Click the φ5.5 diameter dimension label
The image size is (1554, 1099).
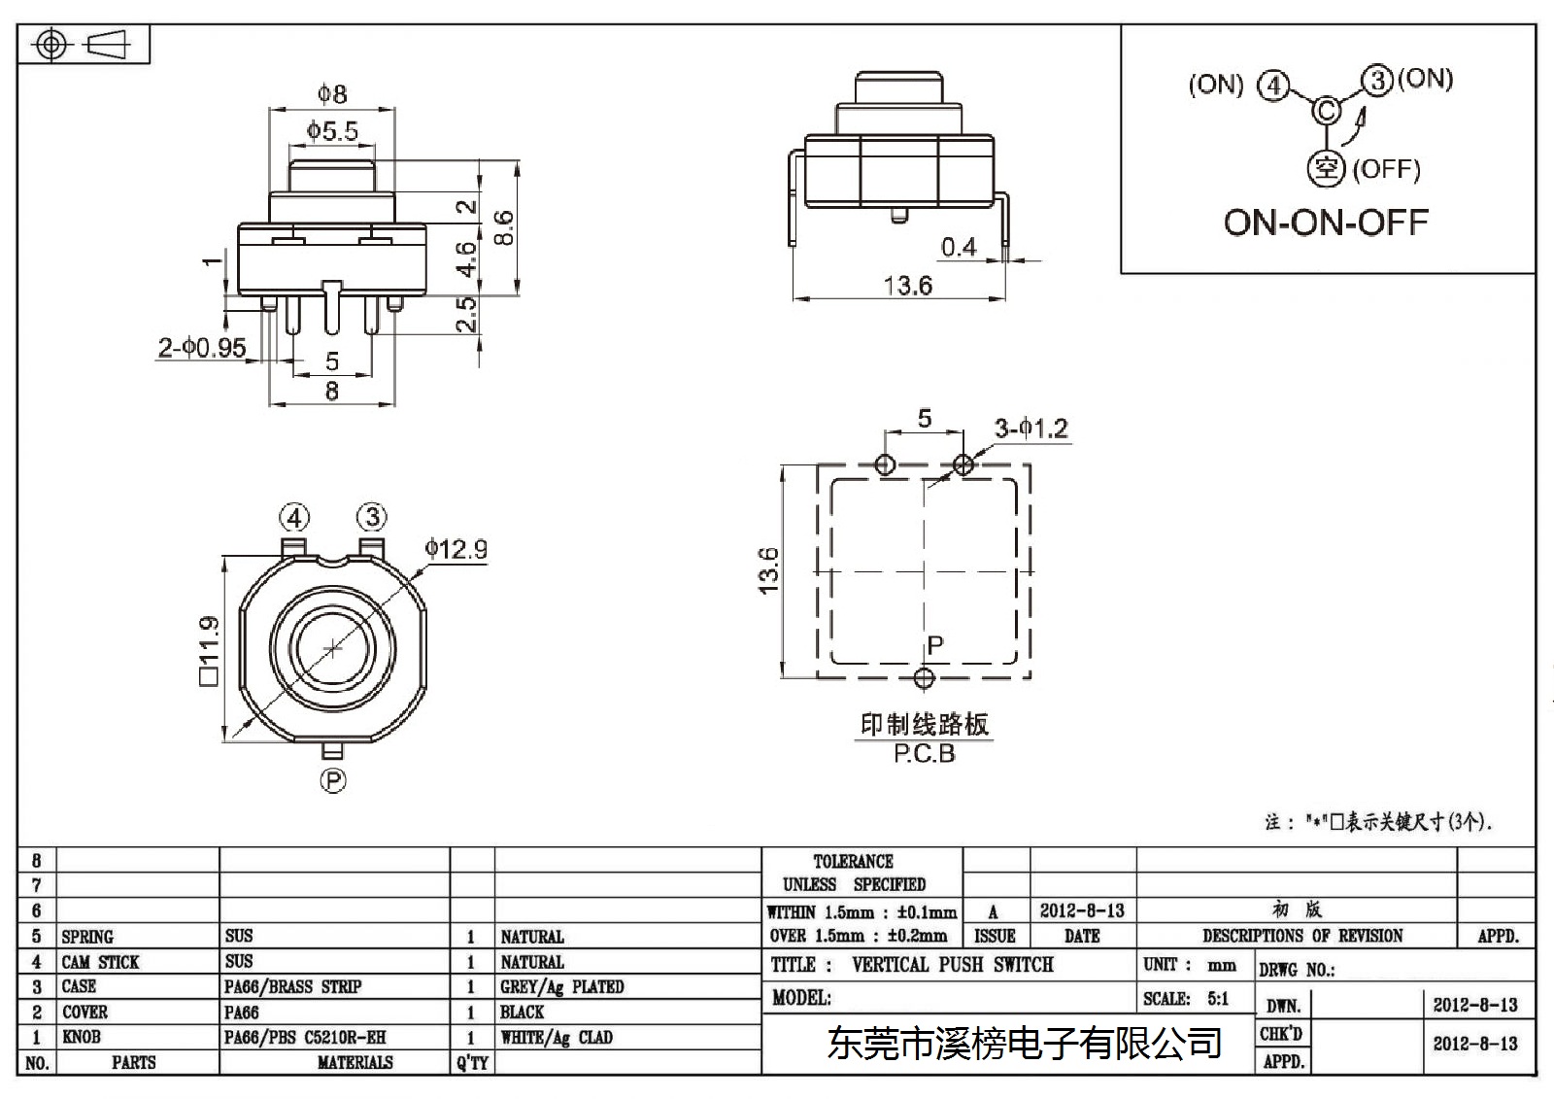332,130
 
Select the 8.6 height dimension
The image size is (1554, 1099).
504,227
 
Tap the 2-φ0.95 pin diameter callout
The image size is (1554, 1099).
202,347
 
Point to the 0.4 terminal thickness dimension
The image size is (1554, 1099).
958,247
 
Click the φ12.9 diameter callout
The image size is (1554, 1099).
456,549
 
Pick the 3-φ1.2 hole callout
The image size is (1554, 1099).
1031,429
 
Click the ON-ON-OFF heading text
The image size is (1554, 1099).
1326,223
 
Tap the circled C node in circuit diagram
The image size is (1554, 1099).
1327,111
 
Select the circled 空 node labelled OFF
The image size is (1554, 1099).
1326,169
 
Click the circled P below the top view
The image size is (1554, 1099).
333,781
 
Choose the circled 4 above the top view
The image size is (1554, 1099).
295,518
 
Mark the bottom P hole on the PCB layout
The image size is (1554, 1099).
924,678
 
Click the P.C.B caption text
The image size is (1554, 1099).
924,753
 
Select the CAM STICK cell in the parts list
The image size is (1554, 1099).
101,962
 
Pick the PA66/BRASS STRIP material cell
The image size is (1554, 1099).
292,986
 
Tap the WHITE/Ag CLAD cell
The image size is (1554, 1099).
557,1038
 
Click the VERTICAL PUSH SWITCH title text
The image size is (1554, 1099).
953,965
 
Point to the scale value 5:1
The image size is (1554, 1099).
1218,999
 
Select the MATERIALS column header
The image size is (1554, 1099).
355,1063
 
